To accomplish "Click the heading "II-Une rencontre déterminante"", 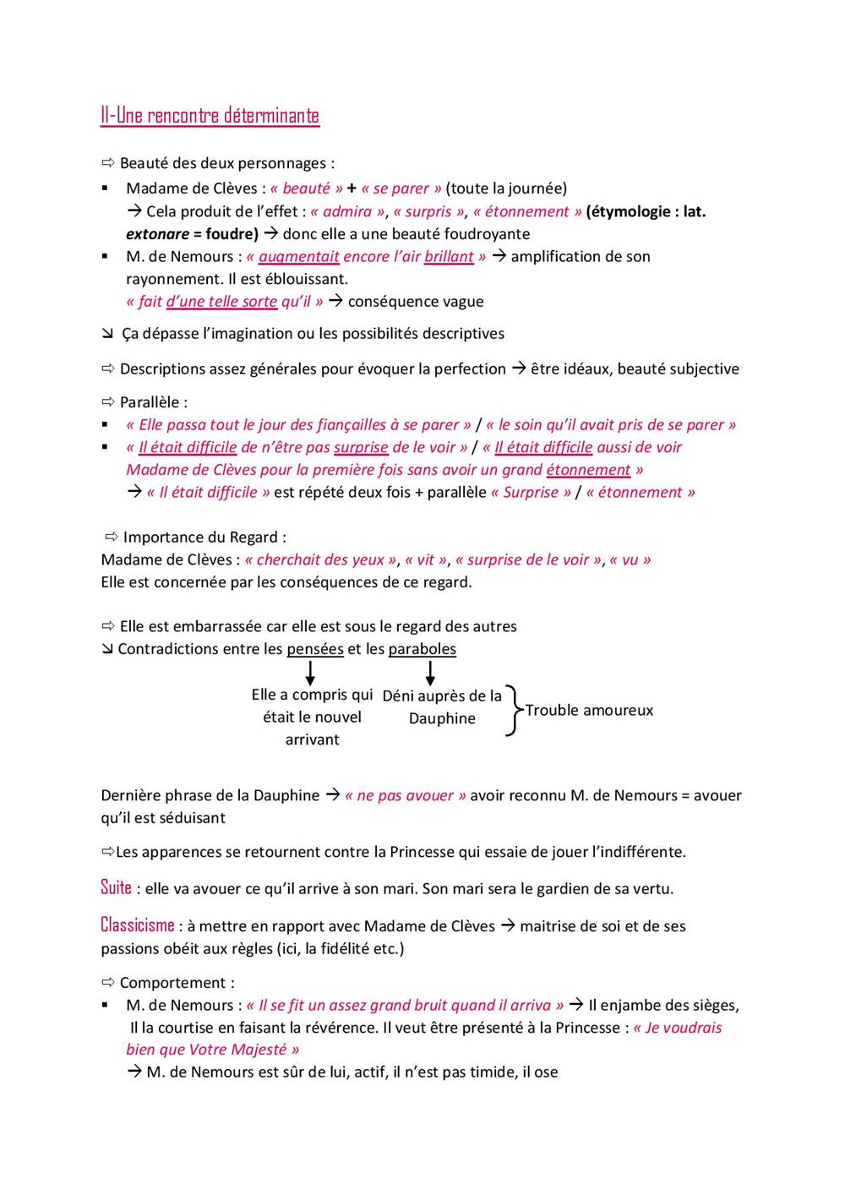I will (210, 116).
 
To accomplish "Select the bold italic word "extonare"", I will (157, 234).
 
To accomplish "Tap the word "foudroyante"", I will (488, 234).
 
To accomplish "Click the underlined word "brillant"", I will (449, 257).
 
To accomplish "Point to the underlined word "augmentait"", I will (299, 257).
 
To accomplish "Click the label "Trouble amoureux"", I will (589, 711).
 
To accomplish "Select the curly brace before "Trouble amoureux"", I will (512, 711).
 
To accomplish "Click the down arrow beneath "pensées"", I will (310, 673).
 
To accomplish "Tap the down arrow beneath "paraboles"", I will (430, 673).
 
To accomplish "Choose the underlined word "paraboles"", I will (422, 649).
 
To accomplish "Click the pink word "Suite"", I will (116, 887).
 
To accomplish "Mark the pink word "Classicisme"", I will (137, 925).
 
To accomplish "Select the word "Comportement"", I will (172, 983).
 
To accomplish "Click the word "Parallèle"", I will (149, 402).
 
